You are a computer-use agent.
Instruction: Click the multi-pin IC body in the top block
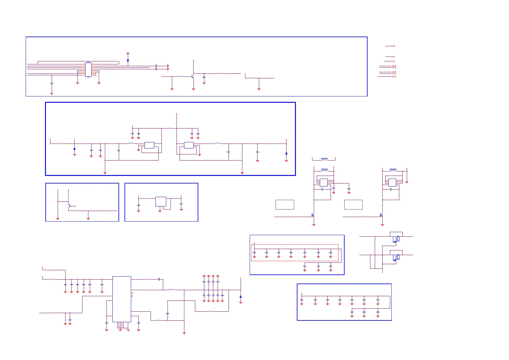[x=88, y=70]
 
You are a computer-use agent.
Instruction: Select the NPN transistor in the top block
[x=193, y=76]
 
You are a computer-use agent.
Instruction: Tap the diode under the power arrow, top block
[x=128, y=60]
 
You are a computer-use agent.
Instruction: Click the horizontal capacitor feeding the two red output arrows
[x=156, y=67]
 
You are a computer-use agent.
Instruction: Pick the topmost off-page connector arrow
[x=393, y=46]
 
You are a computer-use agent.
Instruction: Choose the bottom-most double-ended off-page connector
[x=394, y=76]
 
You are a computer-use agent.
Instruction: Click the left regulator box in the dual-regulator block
[x=149, y=145]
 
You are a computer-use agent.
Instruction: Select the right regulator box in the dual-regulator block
[x=189, y=145]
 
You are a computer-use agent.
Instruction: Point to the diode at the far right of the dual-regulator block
[x=286, y=154]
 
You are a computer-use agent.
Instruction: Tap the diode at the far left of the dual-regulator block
[x=75, y=149]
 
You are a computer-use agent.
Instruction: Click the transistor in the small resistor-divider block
[x=70, y=206]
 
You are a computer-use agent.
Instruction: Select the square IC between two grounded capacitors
[x=160, y=202]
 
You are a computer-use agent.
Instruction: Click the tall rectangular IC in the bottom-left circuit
[x=122, y=299]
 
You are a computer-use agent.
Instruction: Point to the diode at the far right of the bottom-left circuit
[x=241, y=297]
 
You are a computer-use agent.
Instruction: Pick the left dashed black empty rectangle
[x=285, y=205]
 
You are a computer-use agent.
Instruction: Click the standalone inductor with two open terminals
[x=324, y=159]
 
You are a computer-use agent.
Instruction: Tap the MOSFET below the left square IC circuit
[x=313, y=216]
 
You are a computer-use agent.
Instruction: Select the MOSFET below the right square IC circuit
[x=381, y=216]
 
